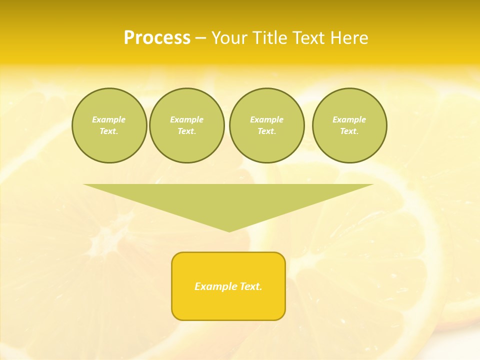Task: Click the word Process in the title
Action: click(157, 38)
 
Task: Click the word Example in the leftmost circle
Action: click(109, 119)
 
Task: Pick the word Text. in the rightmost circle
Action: click(349, 131)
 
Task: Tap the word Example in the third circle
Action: click(266, 119)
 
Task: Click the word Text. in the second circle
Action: click(187, 131)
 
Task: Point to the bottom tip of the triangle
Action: click(229, 230)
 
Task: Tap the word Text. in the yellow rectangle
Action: click(251, 286)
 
